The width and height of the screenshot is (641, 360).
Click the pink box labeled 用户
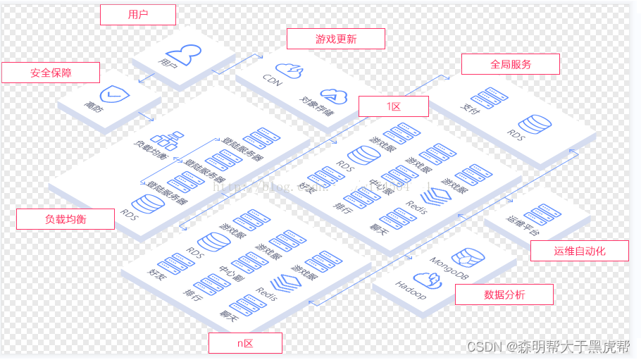click(x=138, y=14)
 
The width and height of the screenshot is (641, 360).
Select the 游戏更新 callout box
click(x=335, y=39)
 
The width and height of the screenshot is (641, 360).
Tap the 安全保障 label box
click(x=51, y=73)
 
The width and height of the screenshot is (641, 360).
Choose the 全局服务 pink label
click(x=511, y=64)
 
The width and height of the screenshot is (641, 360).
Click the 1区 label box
click(x=393, y=106)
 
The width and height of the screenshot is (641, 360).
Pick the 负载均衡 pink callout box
click(x=66, y=219)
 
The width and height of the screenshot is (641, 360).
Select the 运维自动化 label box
click(x=580, y=251)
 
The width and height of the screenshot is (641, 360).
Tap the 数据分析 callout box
click(x=504, y=294)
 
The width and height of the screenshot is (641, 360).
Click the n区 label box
click(x=245, y=343)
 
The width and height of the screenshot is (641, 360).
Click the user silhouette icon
click(x=184, y=52)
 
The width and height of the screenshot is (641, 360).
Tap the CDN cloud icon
click(x=289, y=69)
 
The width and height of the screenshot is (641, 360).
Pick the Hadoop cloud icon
click(x=427, y=279)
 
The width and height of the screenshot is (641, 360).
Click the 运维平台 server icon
click(x=542, y=214)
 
